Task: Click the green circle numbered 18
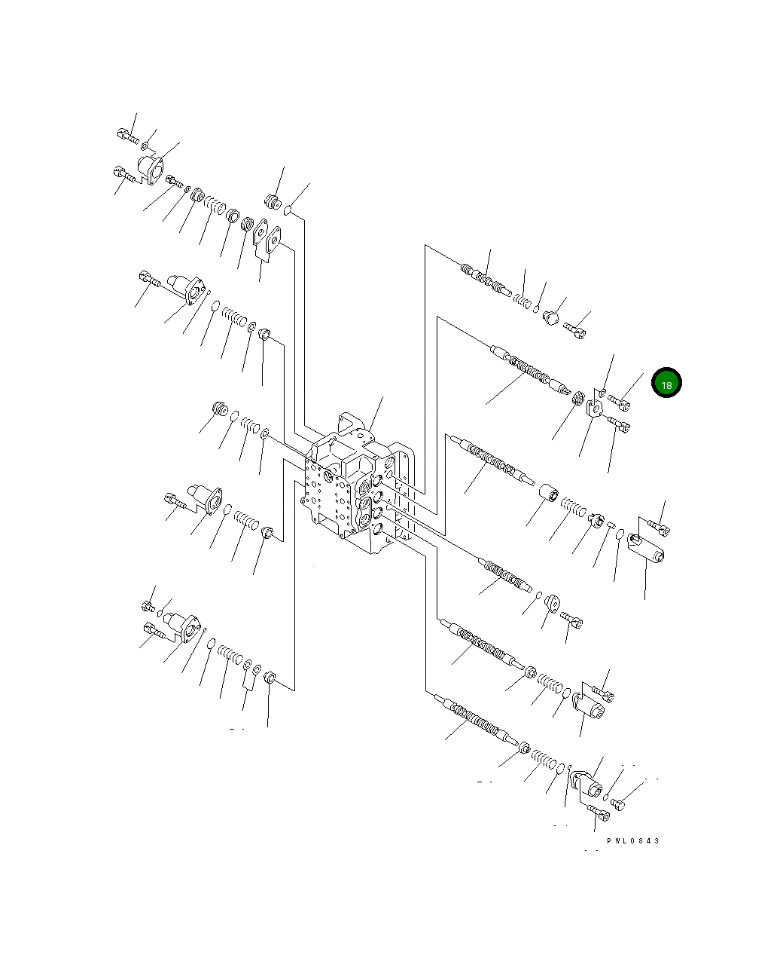[666, 382]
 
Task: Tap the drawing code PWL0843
[632, 841]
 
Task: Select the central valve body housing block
[357, 485]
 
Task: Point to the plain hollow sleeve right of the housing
[548, 493]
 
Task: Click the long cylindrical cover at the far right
[646, 548]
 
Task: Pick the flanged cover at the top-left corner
[151, 170]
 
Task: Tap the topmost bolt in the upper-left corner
[128, 136]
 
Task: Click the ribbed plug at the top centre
[273, 202]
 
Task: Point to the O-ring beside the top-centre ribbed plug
[287, 210]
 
